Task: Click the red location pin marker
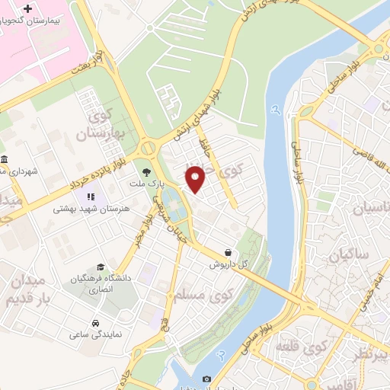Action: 197,179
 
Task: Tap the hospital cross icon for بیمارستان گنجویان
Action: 29,10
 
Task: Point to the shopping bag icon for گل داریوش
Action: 229,251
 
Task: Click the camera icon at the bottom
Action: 206,379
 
